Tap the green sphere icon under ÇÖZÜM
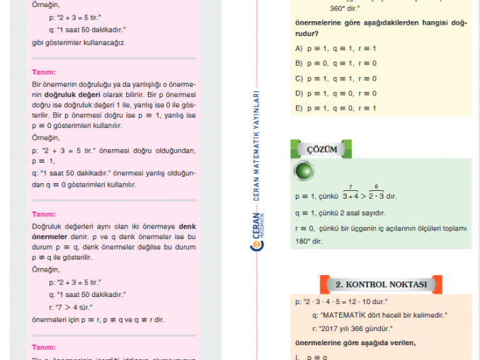pyautogui.click(x=304, y=171)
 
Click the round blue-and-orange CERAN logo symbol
pyautogui.click(x=257, y=244)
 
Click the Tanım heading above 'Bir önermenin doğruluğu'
pyautogui.click(x=44, y=71)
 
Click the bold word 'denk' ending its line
pyautogui.click(x=187, y=226)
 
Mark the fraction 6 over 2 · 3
pyautogui.click(x=377, y=192)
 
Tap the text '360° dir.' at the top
pyautogui.click(x=345, y=8)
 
